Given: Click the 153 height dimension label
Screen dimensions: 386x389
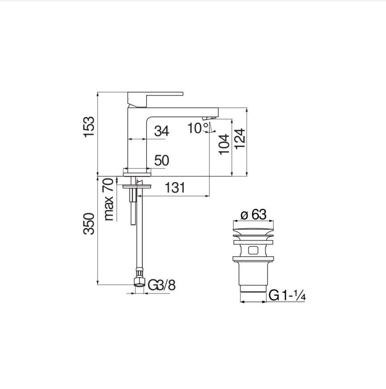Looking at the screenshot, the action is click(x=89, y=127).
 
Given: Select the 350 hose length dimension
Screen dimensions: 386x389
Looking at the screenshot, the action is click(x=89, y=224).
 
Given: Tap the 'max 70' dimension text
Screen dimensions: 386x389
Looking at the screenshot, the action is click(x=109, y=200).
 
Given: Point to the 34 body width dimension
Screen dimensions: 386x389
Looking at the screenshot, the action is click(x=162, y=131).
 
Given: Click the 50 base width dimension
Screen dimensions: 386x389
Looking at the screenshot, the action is click(x=162, y=160).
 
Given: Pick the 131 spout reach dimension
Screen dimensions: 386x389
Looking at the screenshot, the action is click(x=175, y=187).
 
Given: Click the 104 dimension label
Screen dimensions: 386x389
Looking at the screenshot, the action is click(x=224, y=144).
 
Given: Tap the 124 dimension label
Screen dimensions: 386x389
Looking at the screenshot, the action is click(x=239, y=139).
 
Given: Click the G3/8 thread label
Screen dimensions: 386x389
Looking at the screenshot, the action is click(x=162, y=285).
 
